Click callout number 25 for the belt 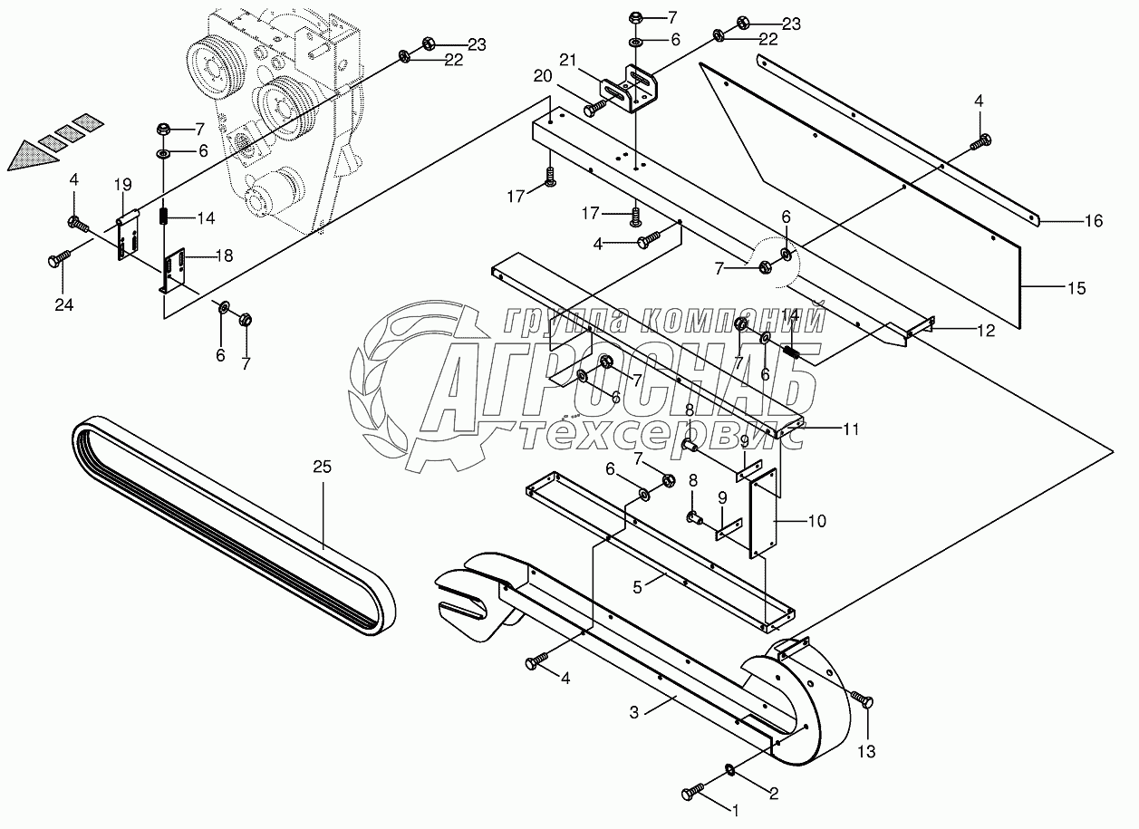pos(323,468)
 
